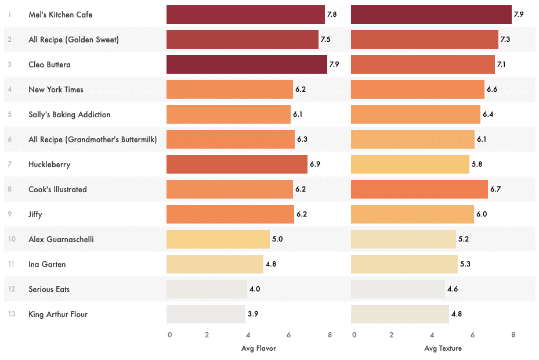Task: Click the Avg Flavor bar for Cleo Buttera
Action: (247, 64)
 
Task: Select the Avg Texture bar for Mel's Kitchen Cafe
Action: (431, 15)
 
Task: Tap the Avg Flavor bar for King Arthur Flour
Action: (205, 314)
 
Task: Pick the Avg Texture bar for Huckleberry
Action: (410, 164)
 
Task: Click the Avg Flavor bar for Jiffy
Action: (230, 214)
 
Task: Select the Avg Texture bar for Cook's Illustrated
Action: (419, 189)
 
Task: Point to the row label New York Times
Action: (56, 89)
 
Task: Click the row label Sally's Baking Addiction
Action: (69, 114)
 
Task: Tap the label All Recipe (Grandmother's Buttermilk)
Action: (92, 139)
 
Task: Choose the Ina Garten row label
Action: (47, 264)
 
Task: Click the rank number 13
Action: (9, 314)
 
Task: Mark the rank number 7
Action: (9, 164)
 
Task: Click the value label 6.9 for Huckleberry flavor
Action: (315, 164)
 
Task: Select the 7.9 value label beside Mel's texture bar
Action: (519, 15)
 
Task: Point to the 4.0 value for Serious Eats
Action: (255, 289)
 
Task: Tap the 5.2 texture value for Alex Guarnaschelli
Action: (464, 239)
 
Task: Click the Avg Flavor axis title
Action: (258, 348)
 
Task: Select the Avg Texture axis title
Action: (443, 348)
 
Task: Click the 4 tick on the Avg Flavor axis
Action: (248, 335)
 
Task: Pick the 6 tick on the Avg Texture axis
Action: (472, 335)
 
